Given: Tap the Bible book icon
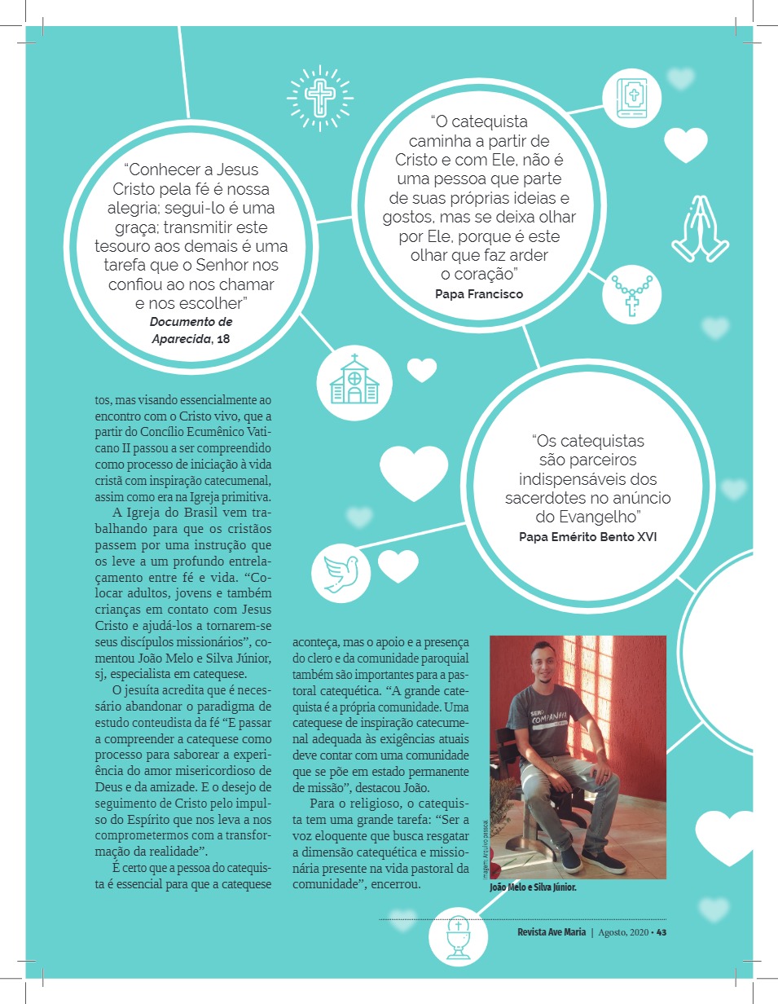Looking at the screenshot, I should click(x=633, y=99).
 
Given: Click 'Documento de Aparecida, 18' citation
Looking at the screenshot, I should click(x=191, y=330).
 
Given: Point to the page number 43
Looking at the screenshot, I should click(x=661, y=931).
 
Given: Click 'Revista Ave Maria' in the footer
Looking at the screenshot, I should click(x=552, y=931).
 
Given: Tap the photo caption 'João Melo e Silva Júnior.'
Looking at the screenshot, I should click(x=533, y=887).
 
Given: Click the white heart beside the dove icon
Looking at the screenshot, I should click(x=398, y=566).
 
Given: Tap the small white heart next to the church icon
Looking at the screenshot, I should click(x=422, y=371).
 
